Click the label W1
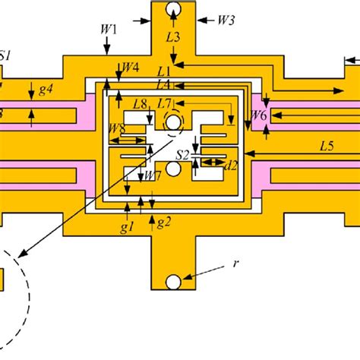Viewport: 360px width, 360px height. pyautogui.click(x=109, y=29)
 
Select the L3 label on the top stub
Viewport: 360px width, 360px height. pyautogui.click(x=173, y=36)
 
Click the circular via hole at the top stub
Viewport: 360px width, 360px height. pyautogui.click(x=173, y=10)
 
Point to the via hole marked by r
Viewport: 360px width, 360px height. pyautogui.click(x=173, y=282)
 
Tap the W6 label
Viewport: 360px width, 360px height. pyautogui.click(x=259, y=116)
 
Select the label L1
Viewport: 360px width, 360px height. pyautogui.click(x=164, y=71)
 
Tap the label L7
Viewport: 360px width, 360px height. pyautogui.click(x=165, y=103)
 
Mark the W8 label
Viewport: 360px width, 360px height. pyautogui.click(x=117, y=128)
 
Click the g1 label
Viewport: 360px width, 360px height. pyautogui.click(x=128, y=226)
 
